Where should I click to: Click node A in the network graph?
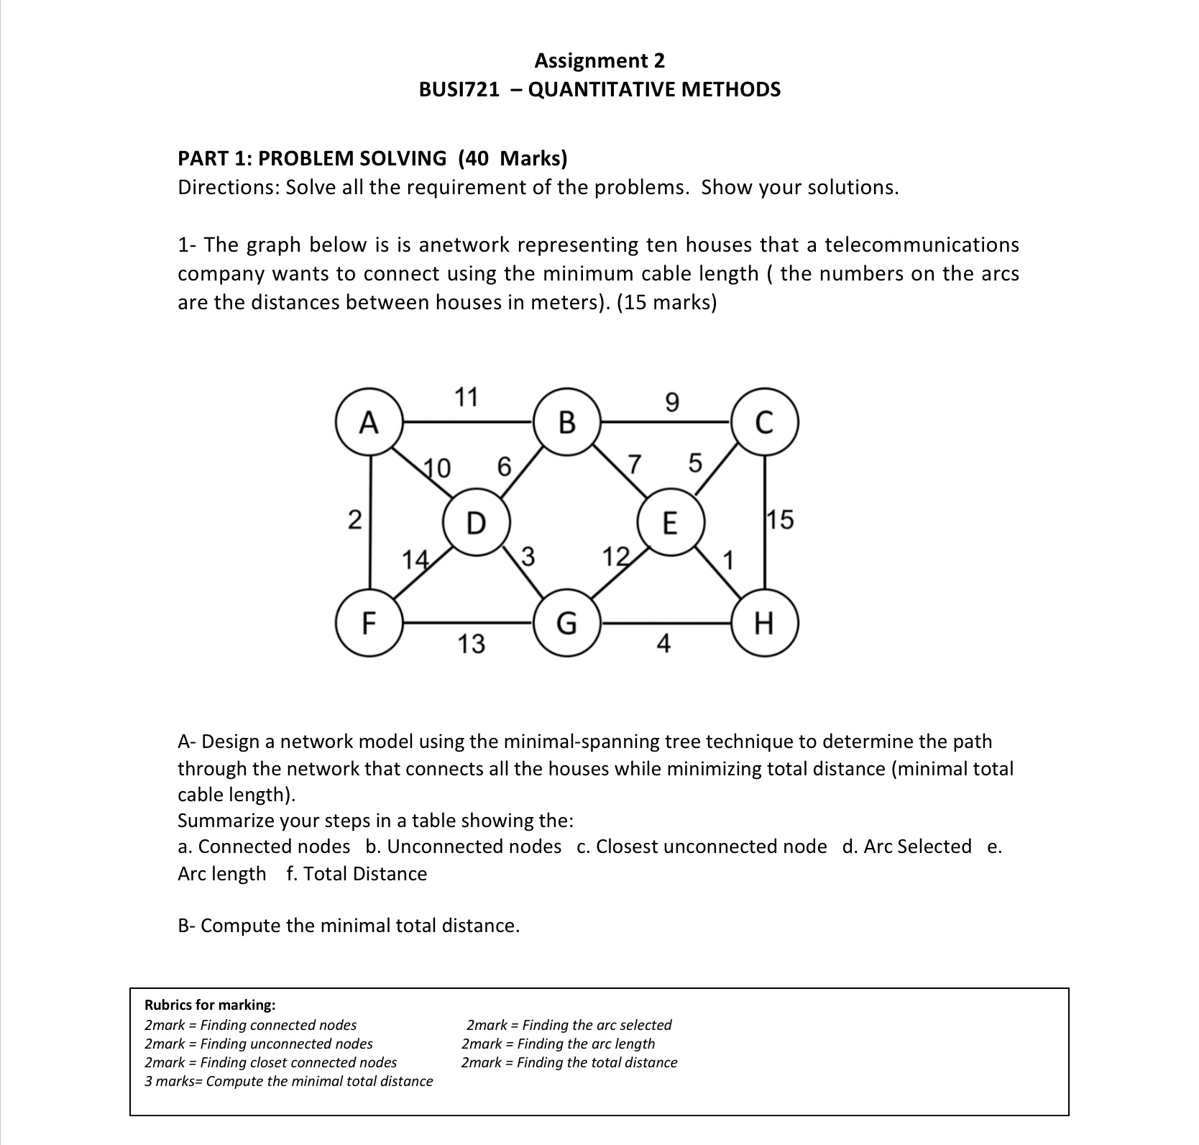coord(369,422)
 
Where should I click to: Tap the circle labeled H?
coord(763,623)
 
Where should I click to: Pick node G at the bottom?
coord(567,623)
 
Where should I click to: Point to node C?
coord(763,422)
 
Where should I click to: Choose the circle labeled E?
coord(669,522)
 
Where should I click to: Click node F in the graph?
coord(369,623)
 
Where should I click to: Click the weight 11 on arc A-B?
coord(467,396)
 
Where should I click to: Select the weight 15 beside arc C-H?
coord(781,519)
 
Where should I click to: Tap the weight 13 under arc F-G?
coord(472,644)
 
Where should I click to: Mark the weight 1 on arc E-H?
coord(728,559)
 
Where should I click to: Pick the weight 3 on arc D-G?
coord(527,556)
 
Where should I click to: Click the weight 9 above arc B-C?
coord(671,403)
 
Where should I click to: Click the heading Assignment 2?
coord(599,60)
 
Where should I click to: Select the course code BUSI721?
coord(459,90)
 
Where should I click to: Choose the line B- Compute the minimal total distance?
coord(349,925)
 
